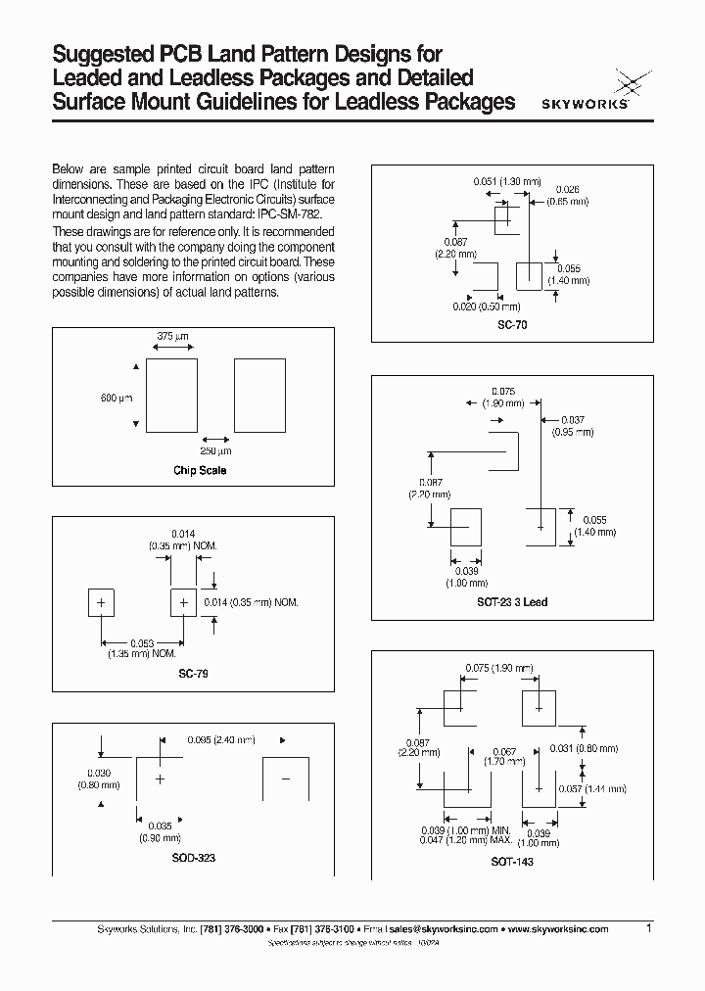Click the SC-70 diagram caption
512,324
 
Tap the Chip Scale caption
200,470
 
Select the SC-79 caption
193,674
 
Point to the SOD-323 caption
192,857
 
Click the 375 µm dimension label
171,336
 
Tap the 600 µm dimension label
116,398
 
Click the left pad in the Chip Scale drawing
170,395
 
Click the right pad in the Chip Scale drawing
259,395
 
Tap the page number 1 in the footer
648,927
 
